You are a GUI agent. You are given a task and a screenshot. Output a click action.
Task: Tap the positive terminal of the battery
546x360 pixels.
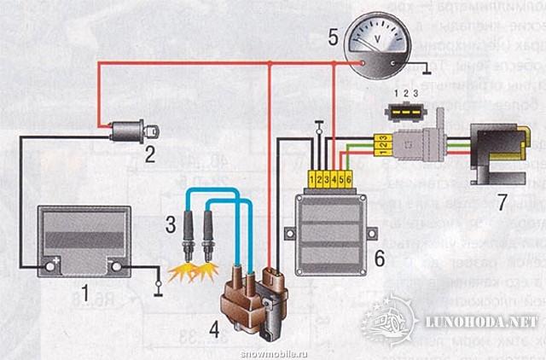[x=53, y=266]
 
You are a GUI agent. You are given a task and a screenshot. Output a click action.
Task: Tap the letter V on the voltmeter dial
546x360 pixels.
[x=378, y=39]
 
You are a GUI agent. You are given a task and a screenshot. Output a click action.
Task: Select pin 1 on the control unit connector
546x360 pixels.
[x=314, y=179]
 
